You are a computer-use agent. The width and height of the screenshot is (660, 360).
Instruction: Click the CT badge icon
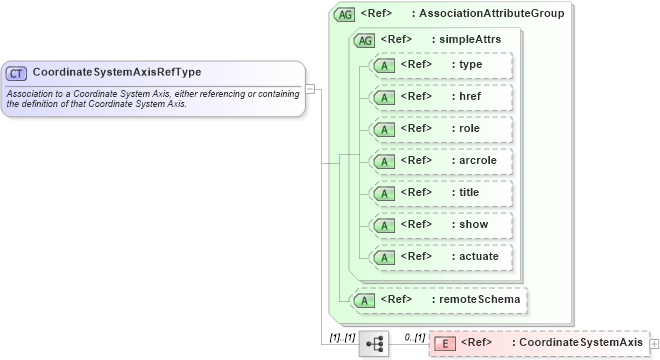(x=17, y=73)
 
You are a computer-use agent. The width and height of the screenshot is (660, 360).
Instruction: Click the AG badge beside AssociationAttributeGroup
(x=344, y=14)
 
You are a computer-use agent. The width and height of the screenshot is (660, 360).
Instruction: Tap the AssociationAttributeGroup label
(x=493, y=14)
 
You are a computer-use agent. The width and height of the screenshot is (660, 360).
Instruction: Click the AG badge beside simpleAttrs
(x=364, y=40)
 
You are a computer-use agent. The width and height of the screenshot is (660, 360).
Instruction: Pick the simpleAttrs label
(x=466, y=40)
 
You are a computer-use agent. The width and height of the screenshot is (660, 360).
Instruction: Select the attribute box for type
(x=440, y=65)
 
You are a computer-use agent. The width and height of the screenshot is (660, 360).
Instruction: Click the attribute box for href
(x=440, y=97)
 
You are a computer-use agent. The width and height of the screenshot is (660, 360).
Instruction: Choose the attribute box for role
(x=440, y=129)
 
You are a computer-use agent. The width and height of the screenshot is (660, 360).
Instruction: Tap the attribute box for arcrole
(x=440, y=161)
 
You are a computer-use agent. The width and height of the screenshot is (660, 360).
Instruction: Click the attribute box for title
(x=440, y=193)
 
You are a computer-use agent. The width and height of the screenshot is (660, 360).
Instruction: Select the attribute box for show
(x=440, y=225)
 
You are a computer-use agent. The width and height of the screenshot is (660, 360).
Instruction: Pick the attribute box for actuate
(x=440, y=257)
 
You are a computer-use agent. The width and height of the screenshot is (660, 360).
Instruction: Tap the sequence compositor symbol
(x=374, y=343)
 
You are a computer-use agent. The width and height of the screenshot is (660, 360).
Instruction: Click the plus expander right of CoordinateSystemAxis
(x=654, y=343)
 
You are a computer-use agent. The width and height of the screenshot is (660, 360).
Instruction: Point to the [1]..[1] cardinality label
(x=342, y=336)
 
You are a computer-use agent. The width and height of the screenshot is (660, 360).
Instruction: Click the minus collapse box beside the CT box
(x=311, y=88)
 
